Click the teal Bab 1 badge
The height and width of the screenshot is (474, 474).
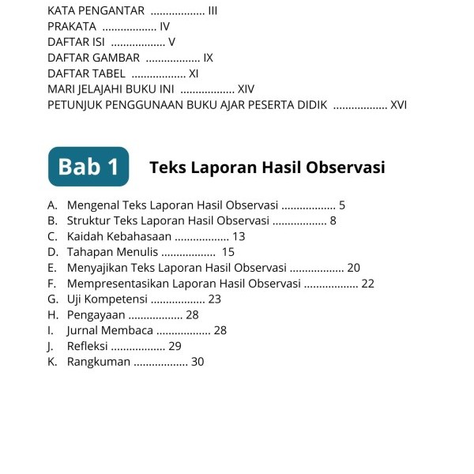pos(88,167)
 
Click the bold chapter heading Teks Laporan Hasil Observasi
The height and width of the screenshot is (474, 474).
pos(267,167)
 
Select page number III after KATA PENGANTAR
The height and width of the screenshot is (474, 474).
pos(213,11)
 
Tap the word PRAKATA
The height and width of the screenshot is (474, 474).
pos(72,27)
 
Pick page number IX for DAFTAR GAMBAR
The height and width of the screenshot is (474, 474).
pos(208,58)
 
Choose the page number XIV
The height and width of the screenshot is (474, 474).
pos(246,89)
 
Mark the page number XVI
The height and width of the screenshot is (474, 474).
pos(399,104)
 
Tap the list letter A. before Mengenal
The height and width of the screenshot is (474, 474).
pos(52,205)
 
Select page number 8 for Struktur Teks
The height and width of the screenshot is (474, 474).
pos(333,220)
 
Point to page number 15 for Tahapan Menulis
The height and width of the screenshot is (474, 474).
pos(228,252)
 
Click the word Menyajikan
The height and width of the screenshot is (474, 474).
pos(98,268)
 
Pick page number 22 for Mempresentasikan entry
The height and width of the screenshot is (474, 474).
pos(367,284)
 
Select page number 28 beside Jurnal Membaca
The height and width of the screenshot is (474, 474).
pos(220,330)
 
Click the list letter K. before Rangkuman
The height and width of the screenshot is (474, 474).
pos(52,362)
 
